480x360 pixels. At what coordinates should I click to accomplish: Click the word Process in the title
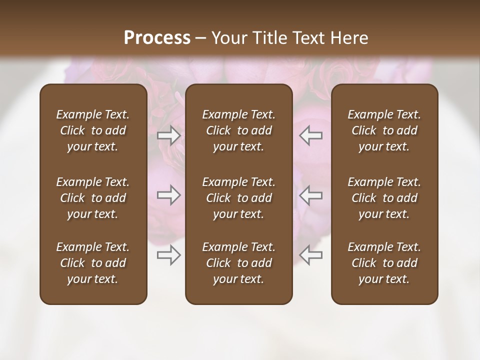coord(157,38)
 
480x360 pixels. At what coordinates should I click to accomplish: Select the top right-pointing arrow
coord(169,135)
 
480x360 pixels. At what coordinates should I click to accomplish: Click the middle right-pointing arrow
coord(169,195)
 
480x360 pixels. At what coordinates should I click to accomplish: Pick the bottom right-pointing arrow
coord(169,255)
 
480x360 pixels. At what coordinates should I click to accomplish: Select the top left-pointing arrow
coord(311,135)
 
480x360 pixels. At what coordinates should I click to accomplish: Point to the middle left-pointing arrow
coord(311,195)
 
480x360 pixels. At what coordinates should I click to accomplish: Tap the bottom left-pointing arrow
coord(311,255)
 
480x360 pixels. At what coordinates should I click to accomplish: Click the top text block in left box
coord(93,130)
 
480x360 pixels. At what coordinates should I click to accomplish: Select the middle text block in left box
coord(93,198)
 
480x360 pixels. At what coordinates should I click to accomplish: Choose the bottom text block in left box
coord(93,263)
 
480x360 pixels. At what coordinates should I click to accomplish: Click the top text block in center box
coord(239,130)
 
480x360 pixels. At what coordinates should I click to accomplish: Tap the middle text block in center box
coord(239,198)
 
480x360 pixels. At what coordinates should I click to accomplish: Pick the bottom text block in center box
coord(239,263)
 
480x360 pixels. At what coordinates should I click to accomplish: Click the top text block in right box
coord(384,130)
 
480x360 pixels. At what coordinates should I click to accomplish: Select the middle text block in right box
coord(384,198)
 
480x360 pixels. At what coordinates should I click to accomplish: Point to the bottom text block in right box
coord(384,263)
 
